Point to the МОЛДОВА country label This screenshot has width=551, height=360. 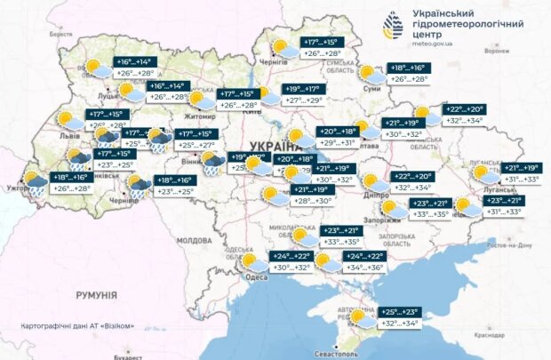(x=193, y=241)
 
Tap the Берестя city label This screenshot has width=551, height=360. (x=60, y=33)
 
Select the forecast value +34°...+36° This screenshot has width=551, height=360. (x=363, y=268)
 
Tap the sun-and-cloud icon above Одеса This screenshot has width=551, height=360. (x=248, y=261)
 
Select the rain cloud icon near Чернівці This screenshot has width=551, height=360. (x=139, y=186)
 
